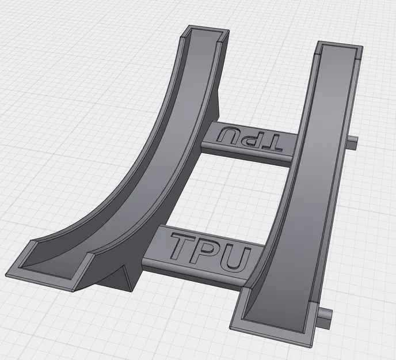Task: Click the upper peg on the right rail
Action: pyautogui.click(x=353, y=142)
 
